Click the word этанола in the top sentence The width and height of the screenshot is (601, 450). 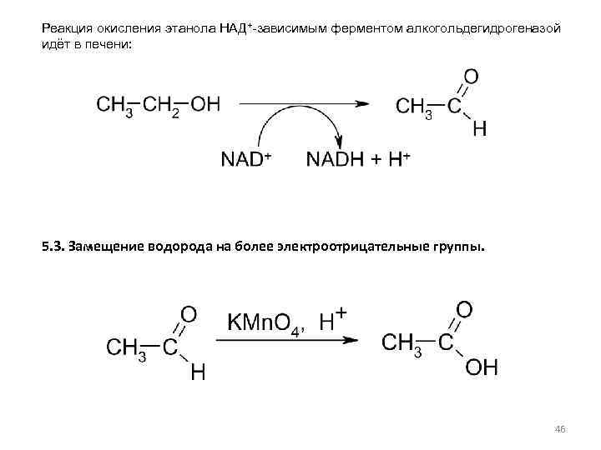point(189,29)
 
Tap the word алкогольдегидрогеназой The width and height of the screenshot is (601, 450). point(482,29)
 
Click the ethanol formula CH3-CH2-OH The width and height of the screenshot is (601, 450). point(159,105)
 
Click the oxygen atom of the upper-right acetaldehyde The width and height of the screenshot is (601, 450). point(472,77)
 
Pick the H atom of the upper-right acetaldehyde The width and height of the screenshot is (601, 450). point(479,130)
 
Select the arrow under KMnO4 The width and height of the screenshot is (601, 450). point(288,339)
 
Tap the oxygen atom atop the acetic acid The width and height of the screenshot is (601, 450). point(464,310)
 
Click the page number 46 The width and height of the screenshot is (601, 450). point(560,429)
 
